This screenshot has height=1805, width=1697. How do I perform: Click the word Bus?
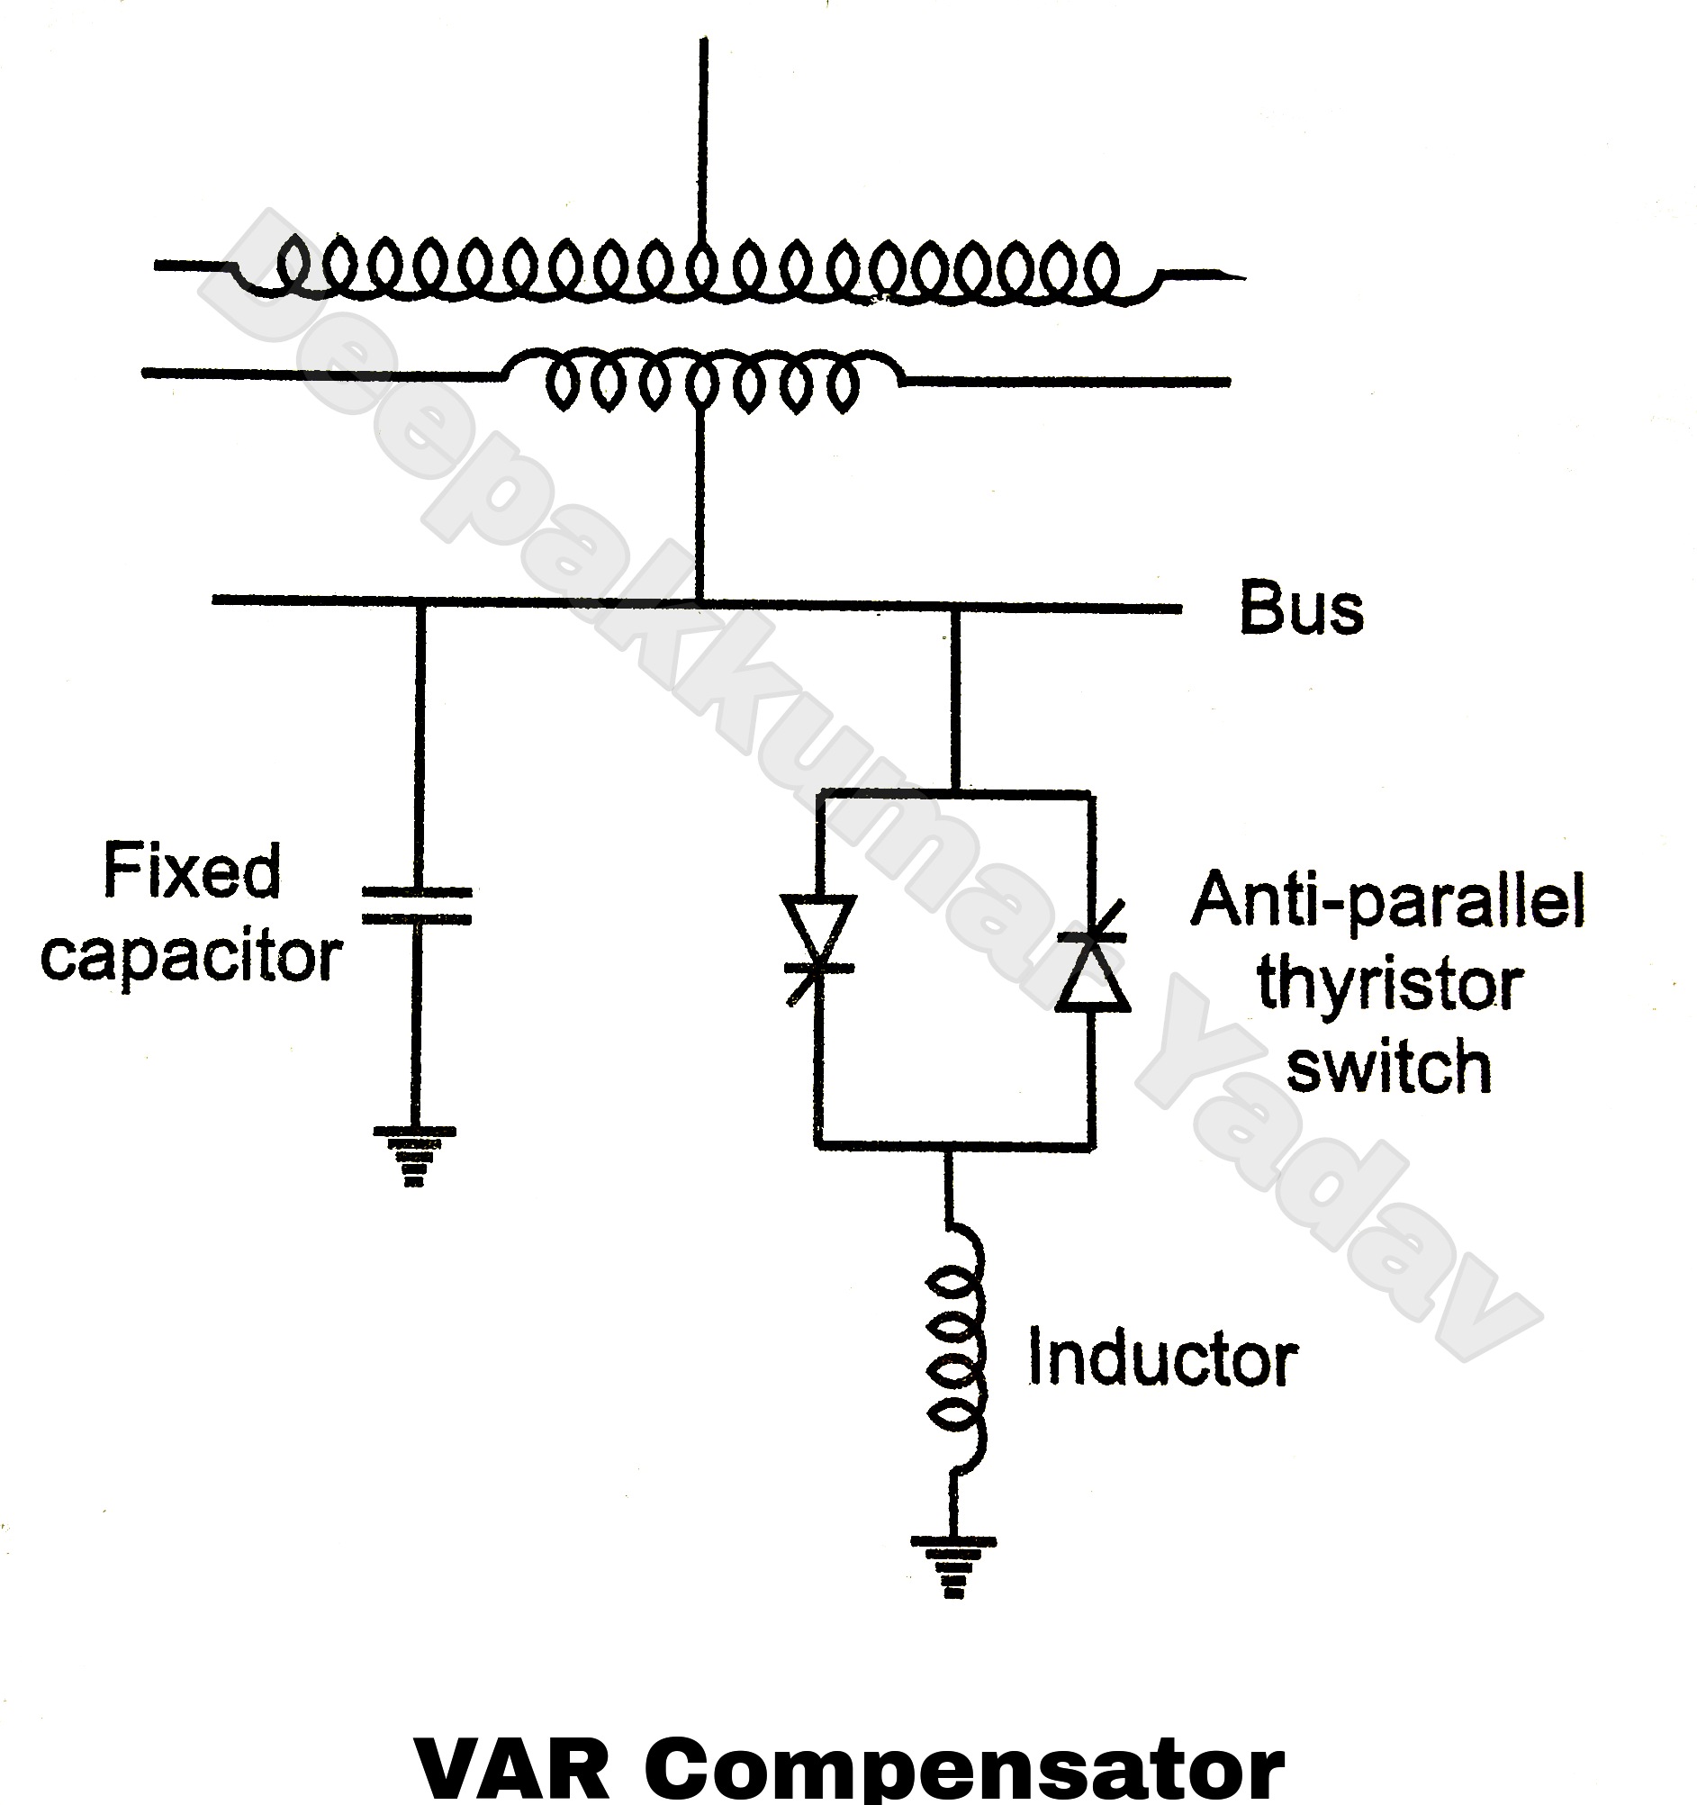1300,610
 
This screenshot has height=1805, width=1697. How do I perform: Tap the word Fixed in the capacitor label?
192,871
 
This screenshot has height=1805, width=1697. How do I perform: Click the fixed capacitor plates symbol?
417,907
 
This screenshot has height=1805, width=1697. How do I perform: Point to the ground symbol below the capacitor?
414,1157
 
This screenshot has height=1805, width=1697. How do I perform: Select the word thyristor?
1389,985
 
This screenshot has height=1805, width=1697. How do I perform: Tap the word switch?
1389,1068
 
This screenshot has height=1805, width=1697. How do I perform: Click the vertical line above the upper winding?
702,136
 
